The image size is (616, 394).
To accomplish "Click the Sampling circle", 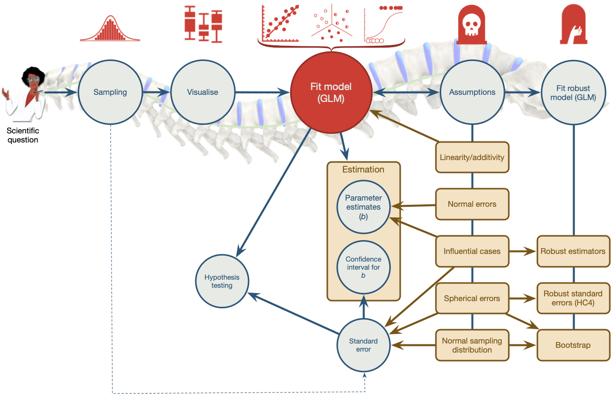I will [x=110, y=92].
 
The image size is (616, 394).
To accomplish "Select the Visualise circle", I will [x=202, y=92].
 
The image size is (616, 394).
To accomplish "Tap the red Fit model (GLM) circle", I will [x=330, y=91].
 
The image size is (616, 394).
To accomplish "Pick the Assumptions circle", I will [x=472, y=92].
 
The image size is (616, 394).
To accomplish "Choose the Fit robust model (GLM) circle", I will [x=573, y=92].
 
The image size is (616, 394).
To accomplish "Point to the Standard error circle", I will [x=363, y=345].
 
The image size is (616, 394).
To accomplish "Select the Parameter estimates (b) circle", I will [x=363, y=207].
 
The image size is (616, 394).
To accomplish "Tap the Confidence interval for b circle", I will [x=363, y=267].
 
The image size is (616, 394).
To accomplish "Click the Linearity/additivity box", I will [x=472, y=157].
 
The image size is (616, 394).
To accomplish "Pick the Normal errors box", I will [x=472, y=204].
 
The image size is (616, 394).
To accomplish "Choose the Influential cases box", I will [x=472, y=251].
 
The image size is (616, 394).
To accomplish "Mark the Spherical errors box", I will [x=472, y=299].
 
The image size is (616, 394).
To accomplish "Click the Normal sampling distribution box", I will [x=472, y=345].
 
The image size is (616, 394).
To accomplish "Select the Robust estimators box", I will [x=573, y=251].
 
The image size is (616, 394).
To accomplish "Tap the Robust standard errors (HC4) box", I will [x=573, y=299].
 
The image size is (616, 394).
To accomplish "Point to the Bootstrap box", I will [x=573, y=345].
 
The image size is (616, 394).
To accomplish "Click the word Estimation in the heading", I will [x=363, y=169].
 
